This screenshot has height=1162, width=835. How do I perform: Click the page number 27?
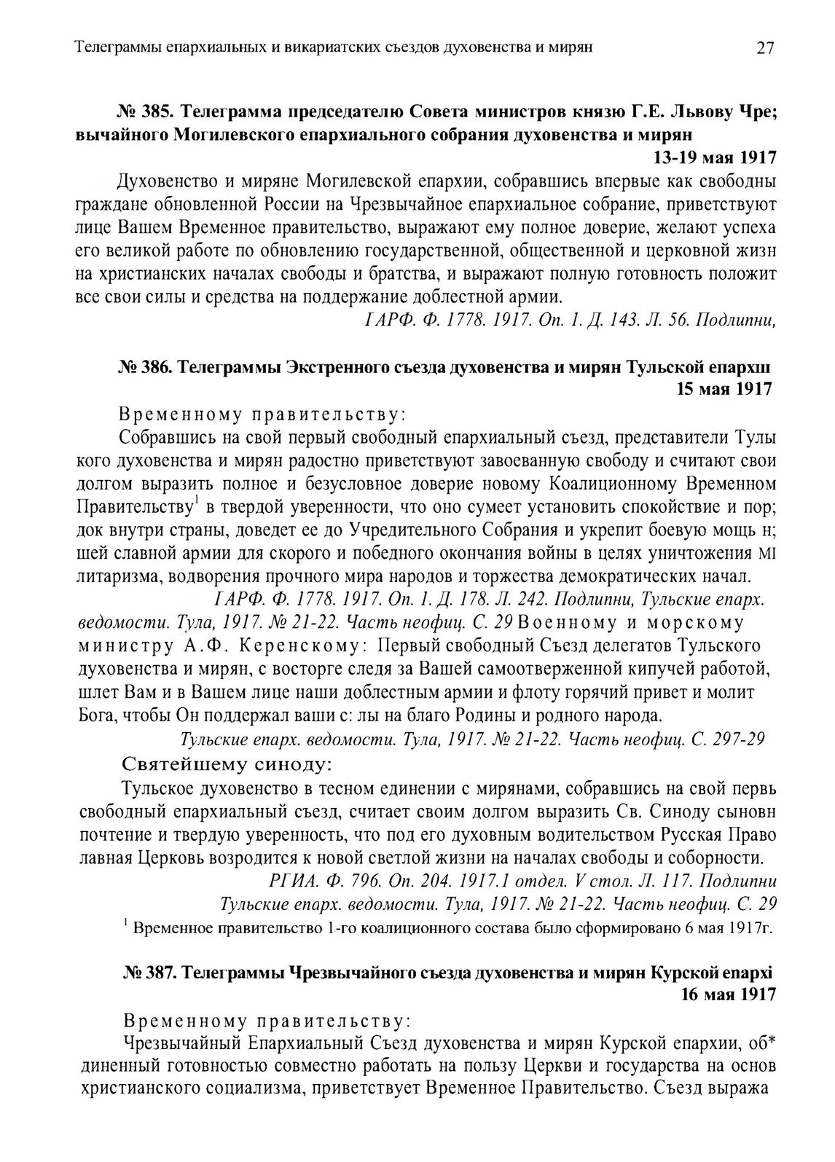(x=764, y=48)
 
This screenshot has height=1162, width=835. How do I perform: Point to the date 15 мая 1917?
(x=725, y=389)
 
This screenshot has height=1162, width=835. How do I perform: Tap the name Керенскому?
(x=299, y=645)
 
